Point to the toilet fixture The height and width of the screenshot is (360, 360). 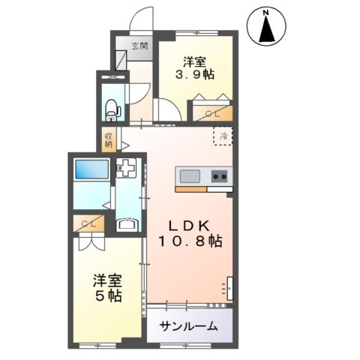pyautogui.click(x=112, y=109)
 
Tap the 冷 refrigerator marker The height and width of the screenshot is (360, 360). pyautogui.click(x=223, y=137)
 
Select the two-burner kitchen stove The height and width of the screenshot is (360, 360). pyautogui.click(x=220, y=177)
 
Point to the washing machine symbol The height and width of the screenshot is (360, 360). pyautogui.click(x=126, y=171)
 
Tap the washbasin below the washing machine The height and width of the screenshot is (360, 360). pyautogui.click(x=127, y=223)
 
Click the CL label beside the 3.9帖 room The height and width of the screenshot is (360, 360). pyautogui.click(x=212, y=112)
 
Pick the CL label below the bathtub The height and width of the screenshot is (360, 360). pyautogui.click(x=89, y=224)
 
